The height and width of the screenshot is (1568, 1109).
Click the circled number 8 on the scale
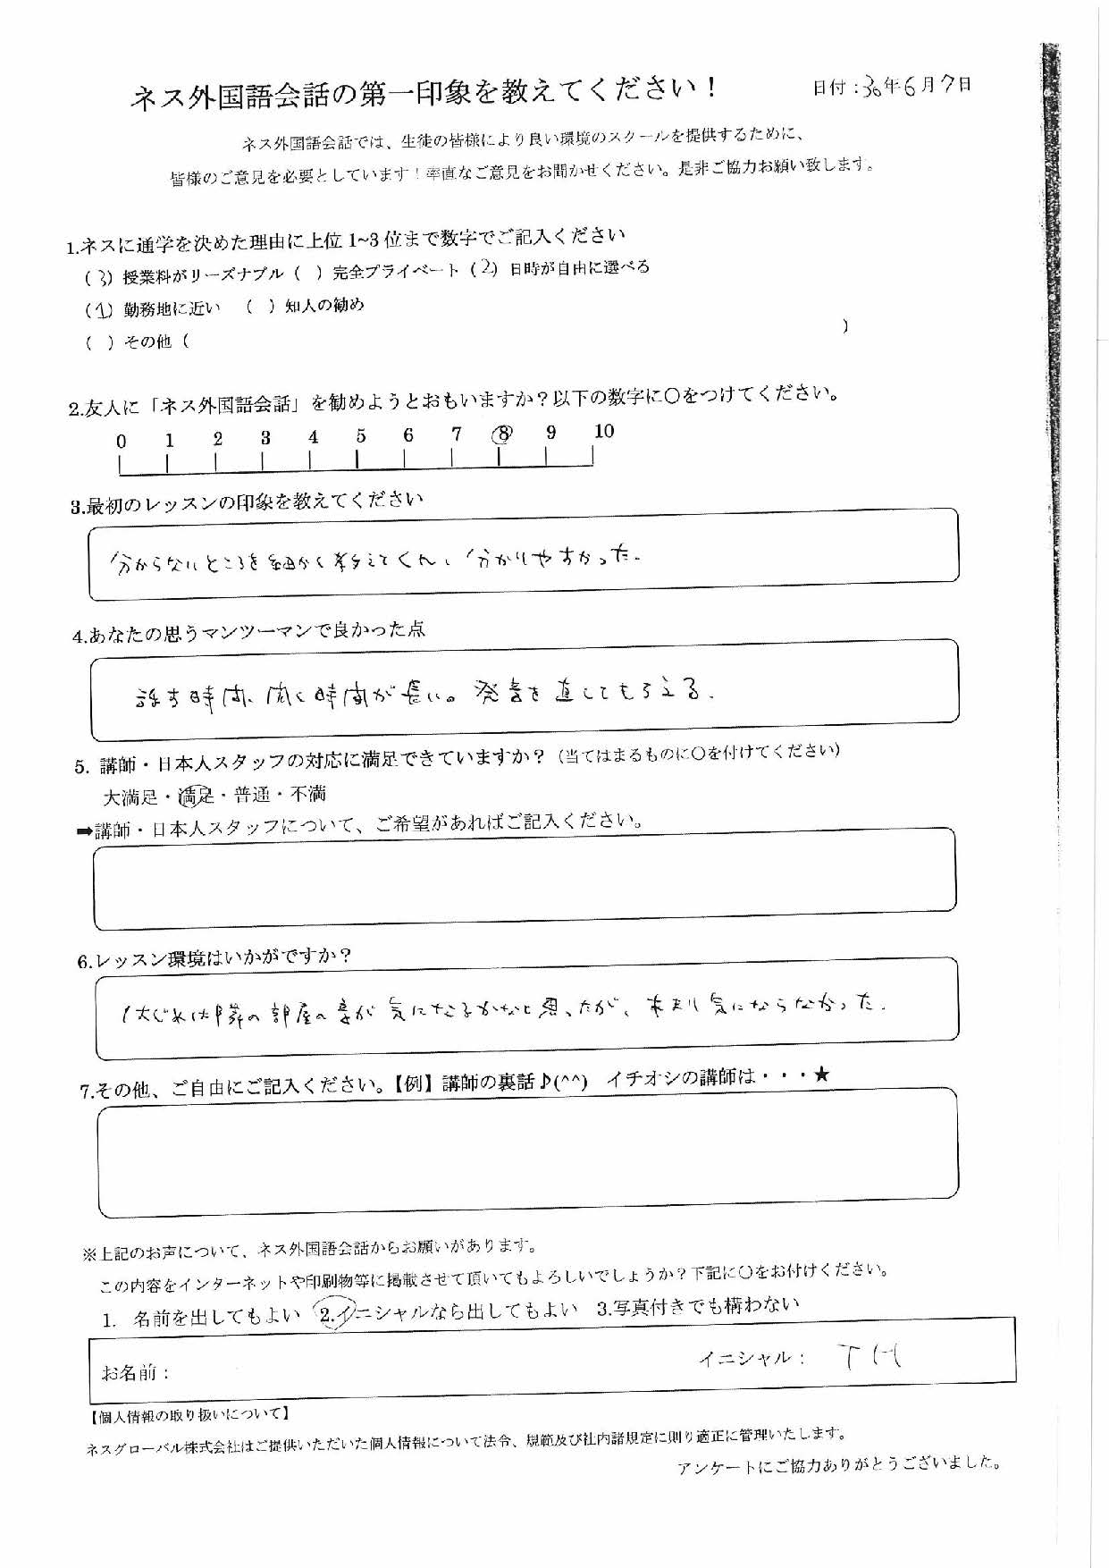pyautogui.click(x=503, y=434)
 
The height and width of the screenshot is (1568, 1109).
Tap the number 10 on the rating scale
pyautogui.click(x=604, y=431)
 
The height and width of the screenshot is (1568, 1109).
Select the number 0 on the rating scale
pyautogui.click(x=122, y=441)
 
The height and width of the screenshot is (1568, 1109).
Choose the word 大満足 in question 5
pyautogui.click(x=130, y=795)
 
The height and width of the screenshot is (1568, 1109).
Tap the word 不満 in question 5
pyautogui.click(x=308, y=793)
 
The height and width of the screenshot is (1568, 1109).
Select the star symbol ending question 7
pyautogui.click(x=821, y=1075)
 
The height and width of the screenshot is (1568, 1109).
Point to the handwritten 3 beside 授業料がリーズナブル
pyautogui.click(x=104, y=277)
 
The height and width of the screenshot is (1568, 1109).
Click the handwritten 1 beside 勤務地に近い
pyautogui.click(x=103, y=310)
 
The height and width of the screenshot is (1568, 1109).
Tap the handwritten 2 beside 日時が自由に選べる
pyautogui.click(x=486, y=269)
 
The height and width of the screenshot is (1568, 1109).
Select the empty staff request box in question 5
pyautogui.click(x=525, y=877)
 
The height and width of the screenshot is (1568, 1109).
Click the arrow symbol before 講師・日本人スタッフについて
pyautogui.click(x=85, y=831)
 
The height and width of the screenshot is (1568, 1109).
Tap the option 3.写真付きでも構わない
pyautogui.click(x=697, y=1306)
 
